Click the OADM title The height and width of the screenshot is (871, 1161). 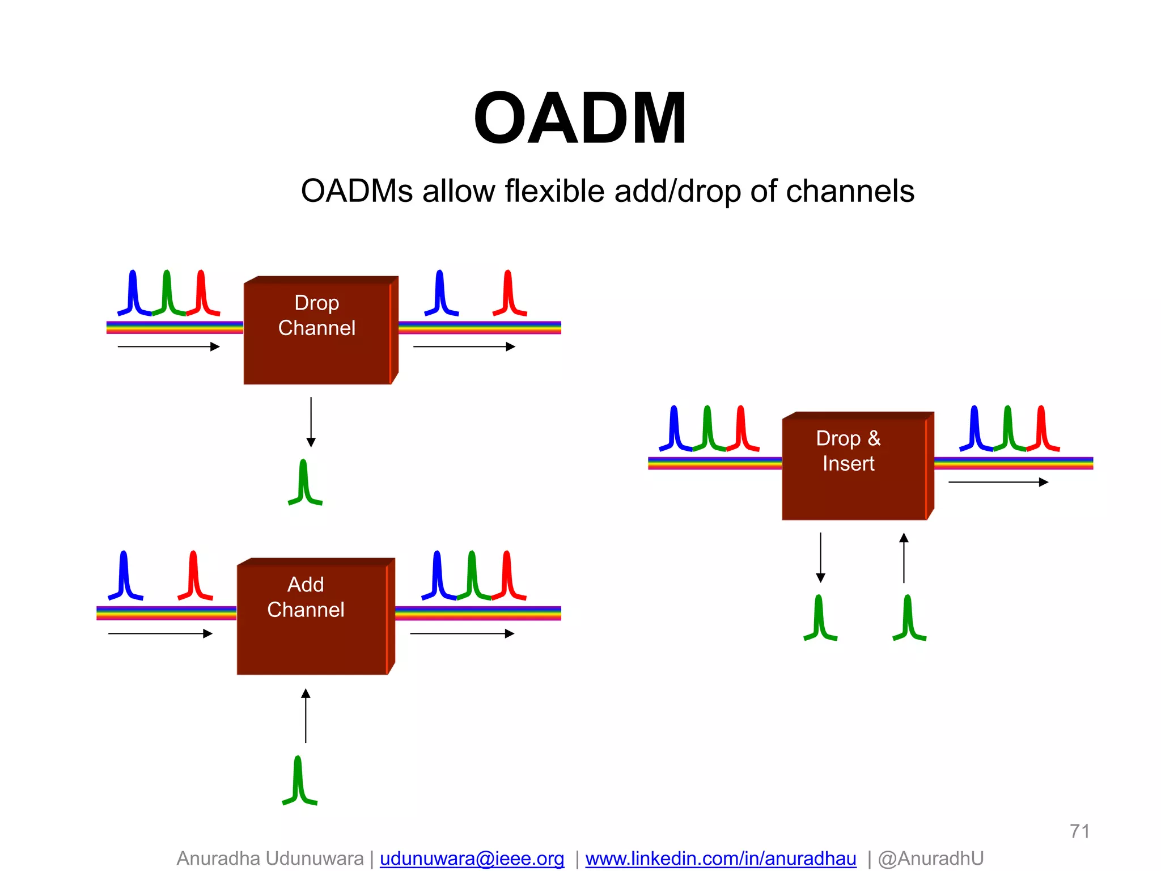pos(580,119)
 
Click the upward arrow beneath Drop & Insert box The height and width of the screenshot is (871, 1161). pos(904,558)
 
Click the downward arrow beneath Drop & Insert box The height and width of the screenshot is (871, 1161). pos(820,558)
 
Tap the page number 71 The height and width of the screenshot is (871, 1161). pos(1079,831)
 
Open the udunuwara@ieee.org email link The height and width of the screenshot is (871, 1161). pos(472,859)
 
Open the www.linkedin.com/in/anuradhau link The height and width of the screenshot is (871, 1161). pos(721,859)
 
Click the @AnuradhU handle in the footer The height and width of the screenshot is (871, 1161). pos(930,859)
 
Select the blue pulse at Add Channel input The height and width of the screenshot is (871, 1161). pos(125,576)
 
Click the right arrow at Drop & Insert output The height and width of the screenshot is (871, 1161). pos(998,482)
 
